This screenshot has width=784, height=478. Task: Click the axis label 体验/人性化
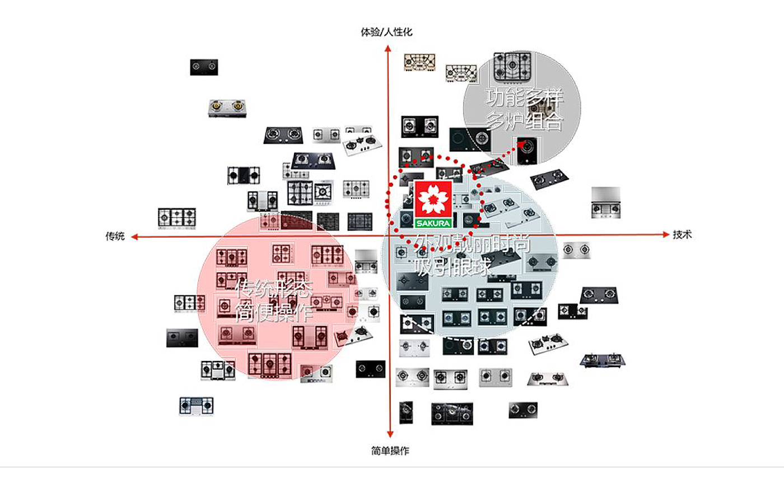[386, 32]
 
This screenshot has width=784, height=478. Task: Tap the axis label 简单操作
[390, 451]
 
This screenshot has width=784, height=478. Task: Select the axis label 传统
[115, 236]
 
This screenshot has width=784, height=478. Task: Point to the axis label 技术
[682, 235]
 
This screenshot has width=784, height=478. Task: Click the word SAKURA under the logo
[433, 222]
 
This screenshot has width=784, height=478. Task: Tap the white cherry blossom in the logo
[433, 199]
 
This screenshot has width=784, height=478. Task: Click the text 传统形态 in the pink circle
[273, 289]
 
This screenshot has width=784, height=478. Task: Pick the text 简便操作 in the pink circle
[273, 312]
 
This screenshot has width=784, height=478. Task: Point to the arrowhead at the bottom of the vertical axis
[390, 434]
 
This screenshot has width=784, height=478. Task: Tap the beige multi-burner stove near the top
[420, 62]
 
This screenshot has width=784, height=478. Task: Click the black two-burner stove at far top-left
[204, 67]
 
